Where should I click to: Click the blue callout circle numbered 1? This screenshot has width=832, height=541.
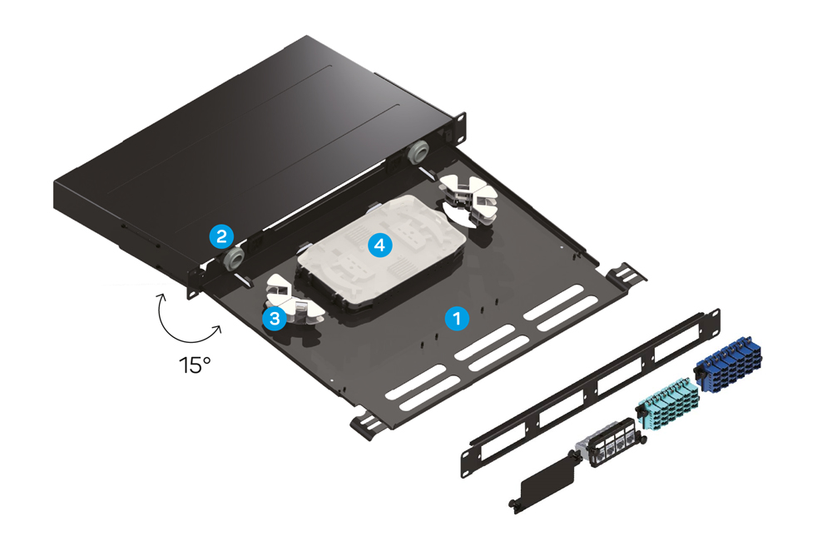click(x=455, y=317)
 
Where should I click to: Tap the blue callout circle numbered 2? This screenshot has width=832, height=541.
click(x=220, y=236)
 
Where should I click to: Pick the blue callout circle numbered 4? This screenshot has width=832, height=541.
click(x=379, y=245)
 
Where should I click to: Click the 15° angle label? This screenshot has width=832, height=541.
click(x=193, y=364)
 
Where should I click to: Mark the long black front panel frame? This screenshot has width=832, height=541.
click(x=582, y=391)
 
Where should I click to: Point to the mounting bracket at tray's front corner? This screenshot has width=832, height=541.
click(x=366, y=423)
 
